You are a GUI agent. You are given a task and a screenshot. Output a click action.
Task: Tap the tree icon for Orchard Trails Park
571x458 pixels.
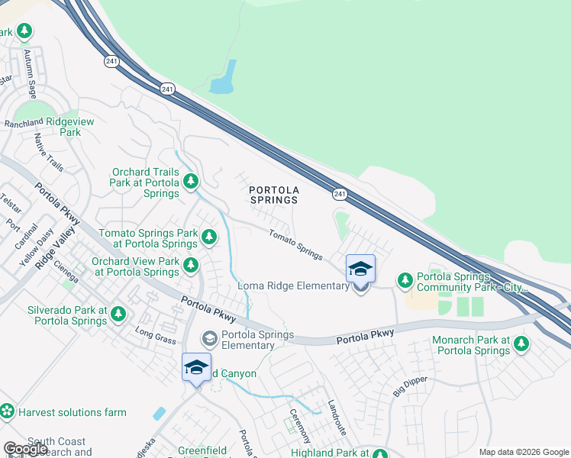(191, 182)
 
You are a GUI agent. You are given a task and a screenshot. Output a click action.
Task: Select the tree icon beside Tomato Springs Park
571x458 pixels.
(209, 237)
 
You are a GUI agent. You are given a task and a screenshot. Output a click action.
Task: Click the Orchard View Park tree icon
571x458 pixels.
(191, 266)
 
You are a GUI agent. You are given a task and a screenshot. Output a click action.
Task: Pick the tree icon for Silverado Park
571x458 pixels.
(118, 314)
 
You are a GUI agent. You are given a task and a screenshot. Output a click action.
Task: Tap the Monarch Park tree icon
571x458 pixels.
(521, 344)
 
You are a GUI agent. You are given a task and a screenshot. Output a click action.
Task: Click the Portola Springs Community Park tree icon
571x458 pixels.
(404, 282)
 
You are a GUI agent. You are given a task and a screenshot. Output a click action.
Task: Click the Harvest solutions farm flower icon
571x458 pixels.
(8, 411)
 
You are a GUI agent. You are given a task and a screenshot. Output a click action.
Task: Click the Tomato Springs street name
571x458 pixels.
(295, 244)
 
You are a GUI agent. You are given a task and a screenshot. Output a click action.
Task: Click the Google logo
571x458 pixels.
(25, 448)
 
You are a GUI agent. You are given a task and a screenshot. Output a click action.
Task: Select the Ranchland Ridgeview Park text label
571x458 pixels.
(42, 127)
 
